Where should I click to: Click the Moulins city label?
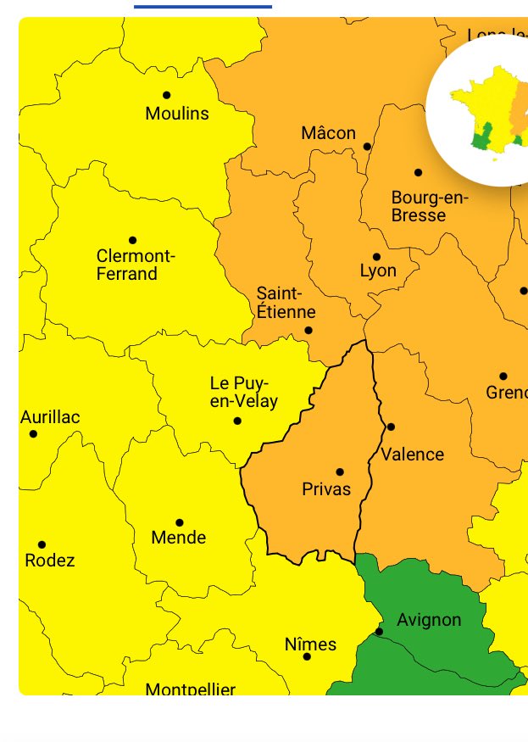point(177,114)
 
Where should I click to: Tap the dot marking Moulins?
point(166,95)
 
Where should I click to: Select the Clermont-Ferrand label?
point(135,265)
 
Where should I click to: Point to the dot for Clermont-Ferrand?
point(132,240)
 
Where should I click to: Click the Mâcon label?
point(329,133)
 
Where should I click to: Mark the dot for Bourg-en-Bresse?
point(418,172)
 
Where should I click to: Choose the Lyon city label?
point(378,271)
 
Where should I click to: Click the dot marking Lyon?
point(376,256)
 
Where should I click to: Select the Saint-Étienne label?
point(286,303)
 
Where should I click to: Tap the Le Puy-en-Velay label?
point(244,393)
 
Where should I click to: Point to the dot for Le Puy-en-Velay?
point(237,421)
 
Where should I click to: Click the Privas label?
point(326,489)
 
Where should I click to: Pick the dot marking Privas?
point(340,471)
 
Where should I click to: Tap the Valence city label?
point(412,455)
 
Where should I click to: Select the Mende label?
point(178,538)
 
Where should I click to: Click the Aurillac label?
point(50,417)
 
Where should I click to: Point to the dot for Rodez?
point(42,544)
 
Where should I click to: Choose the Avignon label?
point(429,620)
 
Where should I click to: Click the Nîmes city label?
point(310,644)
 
